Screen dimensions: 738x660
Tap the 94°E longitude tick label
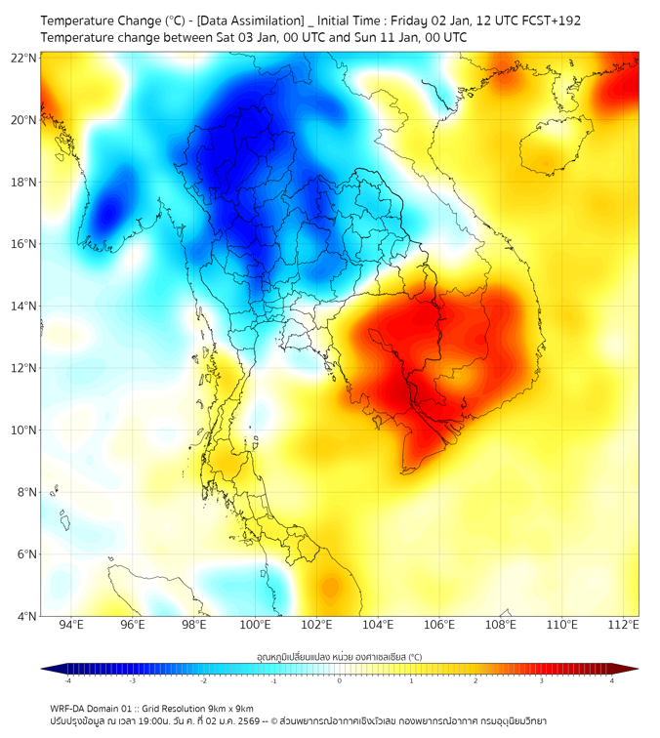coord(71,626)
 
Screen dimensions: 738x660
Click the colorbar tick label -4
coord(66,681)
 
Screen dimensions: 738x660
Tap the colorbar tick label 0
coord(340,681)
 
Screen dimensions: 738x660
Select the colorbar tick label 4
coord(612,681)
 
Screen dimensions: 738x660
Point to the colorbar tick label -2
coord(203,681)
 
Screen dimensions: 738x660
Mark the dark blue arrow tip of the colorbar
coord(46,669)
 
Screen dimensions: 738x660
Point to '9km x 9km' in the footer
coord(228,708)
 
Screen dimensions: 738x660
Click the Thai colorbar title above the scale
coord(339,657)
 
